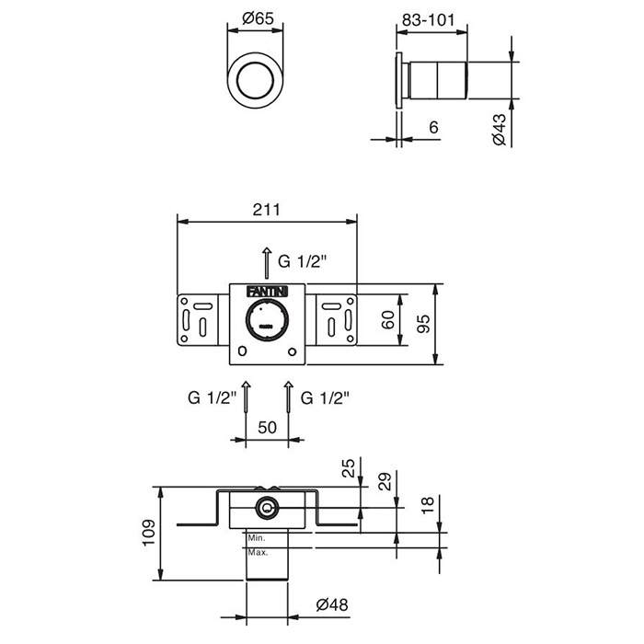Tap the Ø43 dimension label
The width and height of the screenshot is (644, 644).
click(498, 129)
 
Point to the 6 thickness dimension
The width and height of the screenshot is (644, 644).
click(433, 130)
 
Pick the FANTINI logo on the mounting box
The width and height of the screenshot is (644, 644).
click(267, 291)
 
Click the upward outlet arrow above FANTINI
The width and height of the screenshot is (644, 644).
click(267, 261)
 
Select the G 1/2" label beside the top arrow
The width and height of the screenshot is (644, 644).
click(305, 261)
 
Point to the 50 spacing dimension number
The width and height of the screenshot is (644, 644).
click(267, 428)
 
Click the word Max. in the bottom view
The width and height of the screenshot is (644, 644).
click(257, 553)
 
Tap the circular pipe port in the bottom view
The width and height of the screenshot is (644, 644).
click(267, 507)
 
